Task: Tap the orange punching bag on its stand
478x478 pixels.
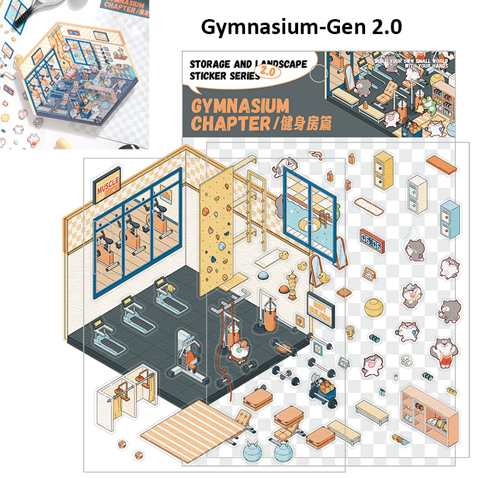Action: (x=269, y=317)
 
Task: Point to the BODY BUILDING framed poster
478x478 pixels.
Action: (x=320, y=309)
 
